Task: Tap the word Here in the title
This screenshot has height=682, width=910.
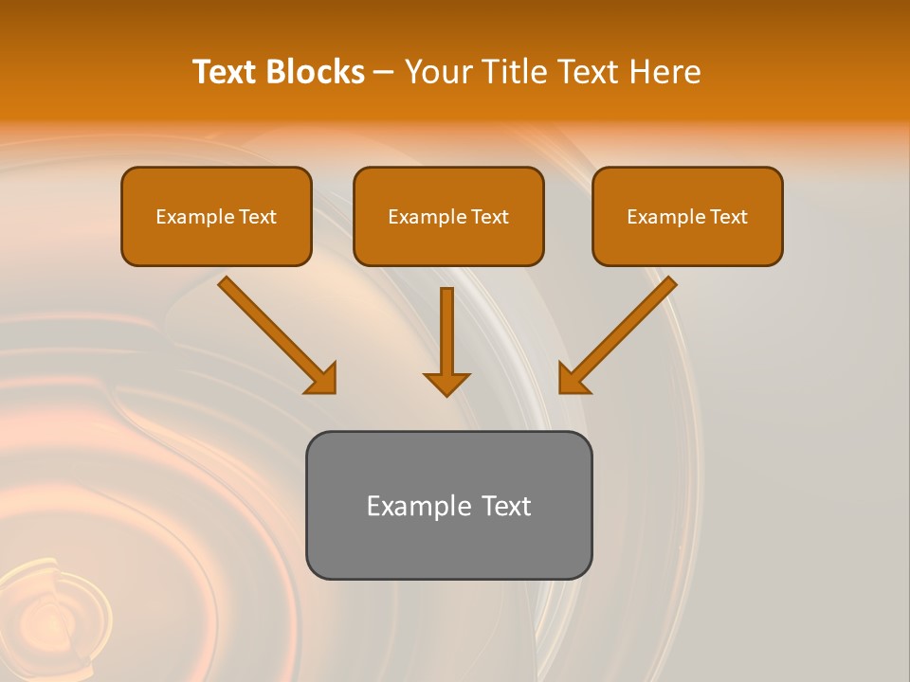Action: click(663, 72)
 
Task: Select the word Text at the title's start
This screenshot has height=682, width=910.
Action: click(226, 72)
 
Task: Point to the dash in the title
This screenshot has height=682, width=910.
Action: click(384, 72)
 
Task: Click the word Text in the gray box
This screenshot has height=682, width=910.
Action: click(506, 506)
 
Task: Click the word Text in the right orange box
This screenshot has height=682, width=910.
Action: click(728, 217)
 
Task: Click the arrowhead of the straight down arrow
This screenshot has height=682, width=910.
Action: click(446, 383)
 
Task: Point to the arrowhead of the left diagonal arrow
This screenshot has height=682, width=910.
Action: click(322, 379)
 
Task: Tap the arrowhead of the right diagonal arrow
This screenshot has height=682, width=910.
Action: click(573, 379)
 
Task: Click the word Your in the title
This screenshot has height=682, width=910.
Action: click(437, 72)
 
